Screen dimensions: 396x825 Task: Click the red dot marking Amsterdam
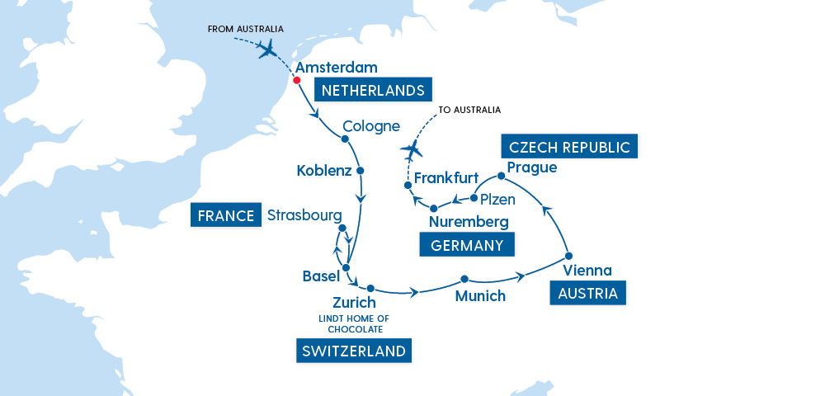(297, 81)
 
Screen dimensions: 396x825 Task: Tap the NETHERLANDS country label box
(373, 90)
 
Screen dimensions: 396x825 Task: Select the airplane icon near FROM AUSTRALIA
(267, 49)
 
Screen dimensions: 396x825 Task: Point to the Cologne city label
(371, 126)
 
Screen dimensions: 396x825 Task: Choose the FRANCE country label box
(224, 216)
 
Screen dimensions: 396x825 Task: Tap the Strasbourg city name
(304, 216)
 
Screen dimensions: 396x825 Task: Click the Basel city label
(321, 276)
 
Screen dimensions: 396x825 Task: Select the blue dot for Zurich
(370, 288)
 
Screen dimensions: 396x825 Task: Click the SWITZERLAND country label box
(353, 351)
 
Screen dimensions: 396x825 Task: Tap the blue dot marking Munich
(464, 279)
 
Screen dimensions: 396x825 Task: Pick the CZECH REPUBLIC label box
(569, 148)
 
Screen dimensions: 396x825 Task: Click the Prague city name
(532, 167)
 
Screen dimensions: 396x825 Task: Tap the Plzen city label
(498, 200)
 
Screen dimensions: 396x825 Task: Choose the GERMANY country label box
(467, 245)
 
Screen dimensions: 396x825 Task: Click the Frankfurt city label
(446, 178)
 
